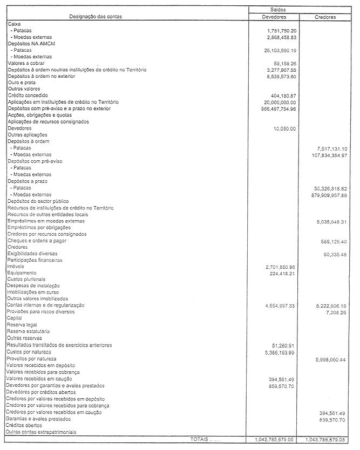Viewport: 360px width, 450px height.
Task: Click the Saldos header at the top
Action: pyautogui.click(x=278, y=10)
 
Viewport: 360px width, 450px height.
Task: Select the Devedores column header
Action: pyautogui.click(x=278, y=17)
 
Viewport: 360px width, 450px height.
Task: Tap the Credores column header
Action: pyautogui.click(x=325, y=17)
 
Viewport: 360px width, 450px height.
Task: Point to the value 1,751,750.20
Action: pyautogui.click(x=278, y=31)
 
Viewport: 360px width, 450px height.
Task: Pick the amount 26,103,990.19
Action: pyautogui.click(x=276, y=50)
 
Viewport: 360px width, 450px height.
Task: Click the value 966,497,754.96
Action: pyautogui.click(x=275, y=109)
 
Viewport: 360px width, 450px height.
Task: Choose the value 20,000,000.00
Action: pyautogui.click(x=276, y=103)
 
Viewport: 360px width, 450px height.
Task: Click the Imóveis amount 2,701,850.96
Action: pyautogui.click(x=277, y=267)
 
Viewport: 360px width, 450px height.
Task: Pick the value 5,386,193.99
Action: pyautogui.click(x=277, y=352)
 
